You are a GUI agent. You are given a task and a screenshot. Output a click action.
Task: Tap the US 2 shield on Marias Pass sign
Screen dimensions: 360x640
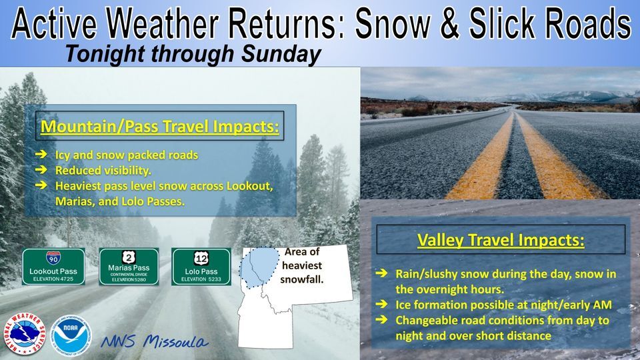click(x=128, y=256)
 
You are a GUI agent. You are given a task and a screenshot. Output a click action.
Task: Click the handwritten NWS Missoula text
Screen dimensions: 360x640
click(x=154, y=342)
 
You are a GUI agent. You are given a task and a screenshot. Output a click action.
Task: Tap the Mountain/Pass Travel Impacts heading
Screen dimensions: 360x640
click(x=160, y=126)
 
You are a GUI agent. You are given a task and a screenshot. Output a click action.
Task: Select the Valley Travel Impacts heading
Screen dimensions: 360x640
click(x=501, y=239)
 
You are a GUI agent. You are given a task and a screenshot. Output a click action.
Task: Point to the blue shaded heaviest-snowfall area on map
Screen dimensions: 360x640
click(x=261, y=266)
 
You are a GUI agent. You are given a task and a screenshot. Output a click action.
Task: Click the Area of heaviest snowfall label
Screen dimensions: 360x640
click(x=302, y=265)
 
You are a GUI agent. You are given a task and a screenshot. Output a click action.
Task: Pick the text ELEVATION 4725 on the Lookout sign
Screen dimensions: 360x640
click(x=53, y=280)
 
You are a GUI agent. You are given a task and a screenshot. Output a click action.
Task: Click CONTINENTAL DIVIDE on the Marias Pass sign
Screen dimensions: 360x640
click(x=128, y=274)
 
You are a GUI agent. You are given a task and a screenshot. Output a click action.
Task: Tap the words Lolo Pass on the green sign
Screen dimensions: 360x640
click(x=201, y=272)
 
